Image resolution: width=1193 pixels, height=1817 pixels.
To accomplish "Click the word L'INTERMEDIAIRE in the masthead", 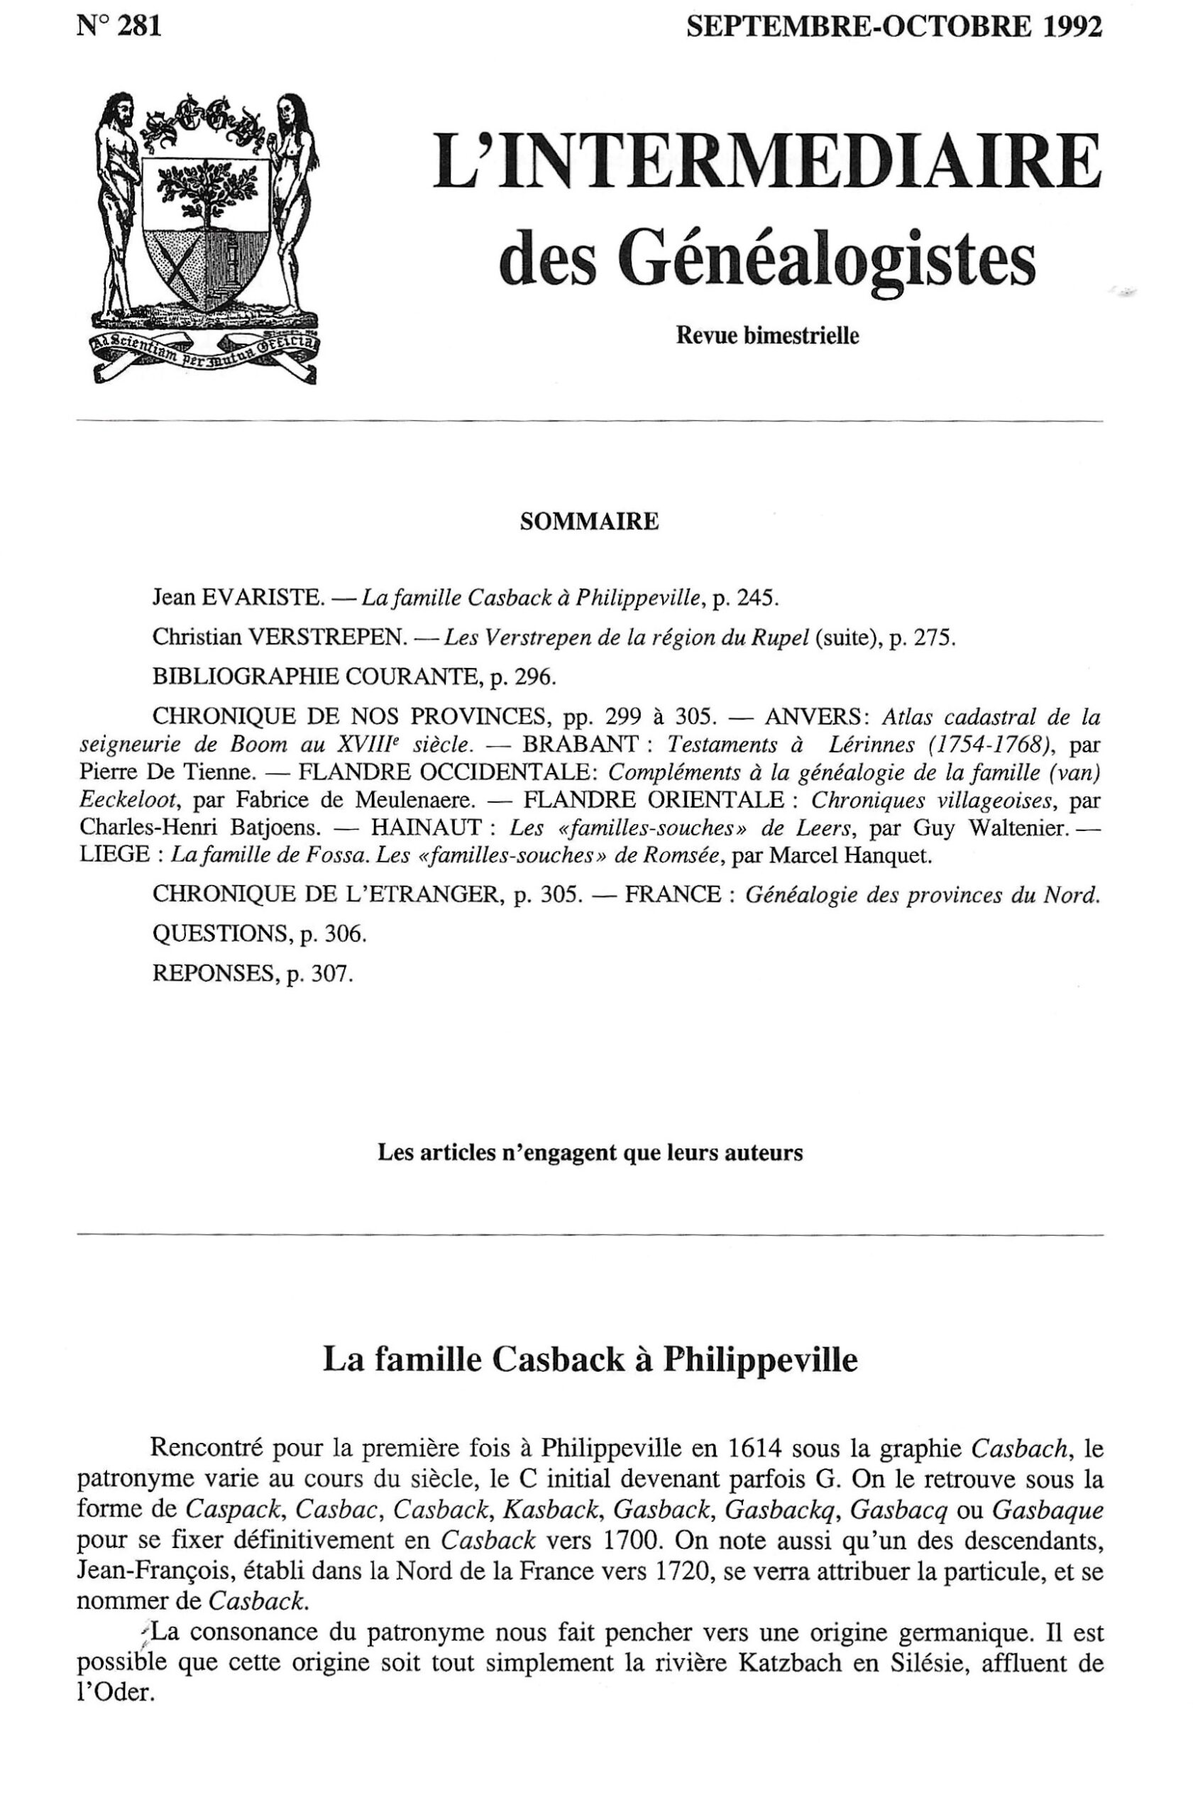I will pyautogui.click(x=766, y=162).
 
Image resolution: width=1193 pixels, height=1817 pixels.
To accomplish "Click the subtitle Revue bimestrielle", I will pyautogui.click(x=767, y=336).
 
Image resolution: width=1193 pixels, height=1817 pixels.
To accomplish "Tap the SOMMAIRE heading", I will pyautogui.click(x=589, y=522).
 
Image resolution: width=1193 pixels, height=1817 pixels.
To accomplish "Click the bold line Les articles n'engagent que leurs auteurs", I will pyautogui.click(x=590, y=1152).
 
